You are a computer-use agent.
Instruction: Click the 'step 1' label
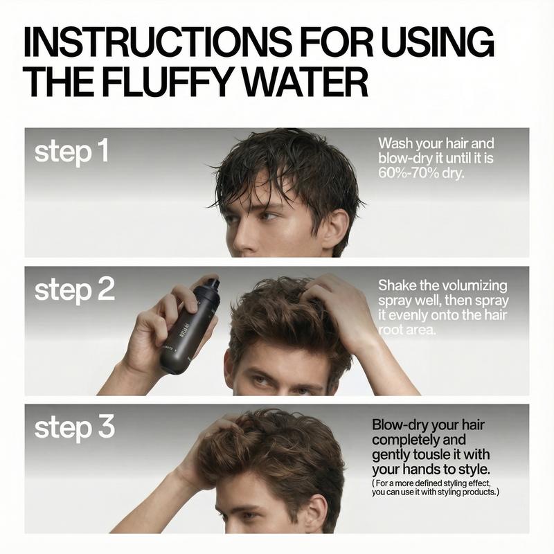pos(71,152)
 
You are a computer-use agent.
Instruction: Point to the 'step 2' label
pos(74,290)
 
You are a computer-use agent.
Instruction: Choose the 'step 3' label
pos(74,428)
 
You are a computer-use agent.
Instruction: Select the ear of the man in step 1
pos(337,229)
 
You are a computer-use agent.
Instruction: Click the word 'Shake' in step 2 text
pos(397,285)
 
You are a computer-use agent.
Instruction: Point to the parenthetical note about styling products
pos(435,487)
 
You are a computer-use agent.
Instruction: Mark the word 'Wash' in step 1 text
pos(394,143)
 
